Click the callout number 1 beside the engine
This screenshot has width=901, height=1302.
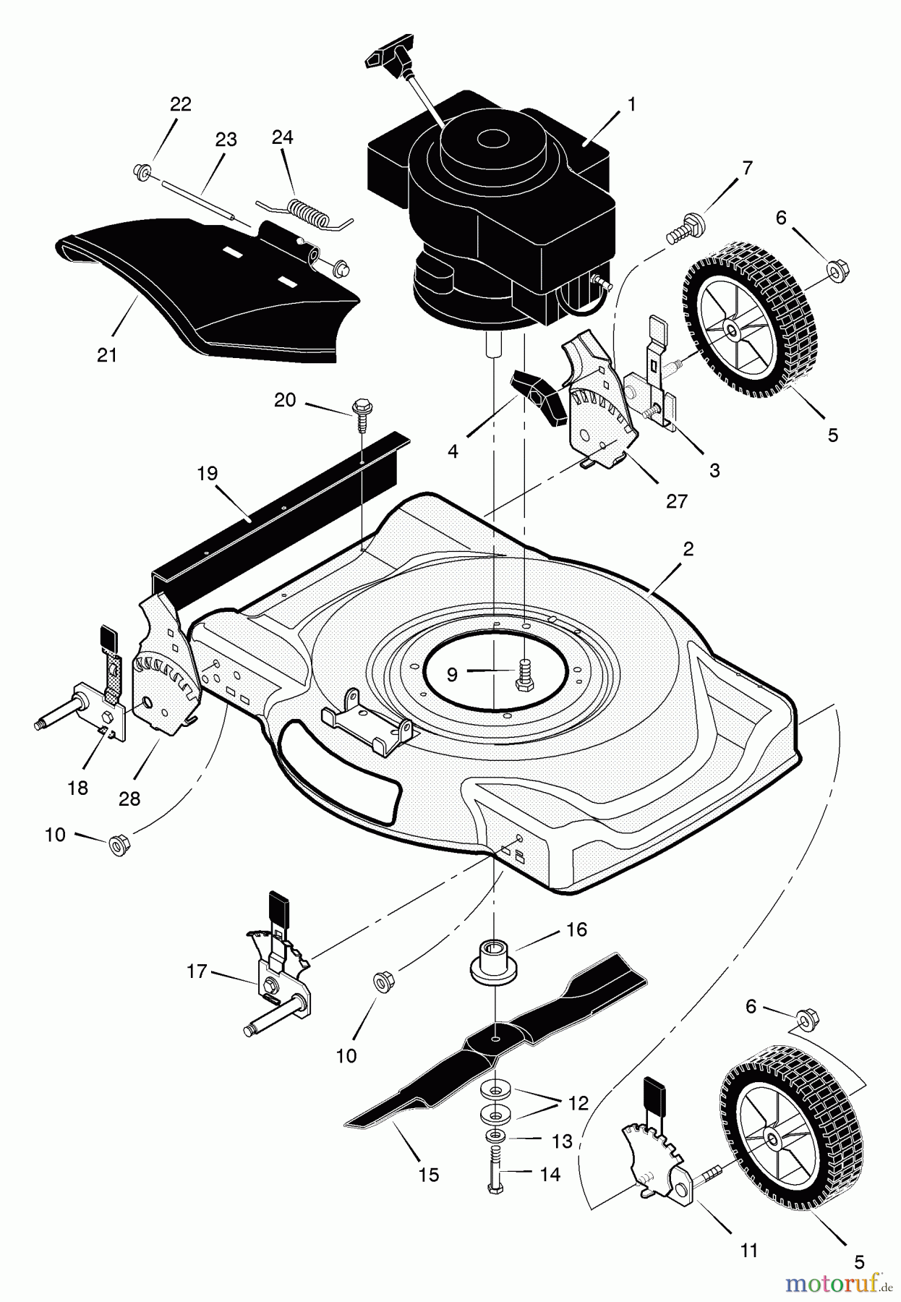[x=631, y=105]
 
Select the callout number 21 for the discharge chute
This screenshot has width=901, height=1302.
[x=106, y=355]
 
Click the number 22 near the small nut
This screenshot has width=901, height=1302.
[x=181, y=104]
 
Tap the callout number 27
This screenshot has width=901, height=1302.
[x=677, y=501]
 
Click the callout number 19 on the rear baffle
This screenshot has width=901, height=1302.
[x=207, y=474]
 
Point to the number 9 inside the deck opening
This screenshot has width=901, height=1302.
[x=452, y=674]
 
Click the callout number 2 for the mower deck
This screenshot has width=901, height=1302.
[x=688, y=549]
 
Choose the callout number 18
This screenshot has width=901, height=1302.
[x=77, y=788]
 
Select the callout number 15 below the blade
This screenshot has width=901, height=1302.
[x=429, y=1174]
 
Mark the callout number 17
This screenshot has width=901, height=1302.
[x=197, y=971]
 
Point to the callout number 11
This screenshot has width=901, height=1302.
[x=749, y=1249]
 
